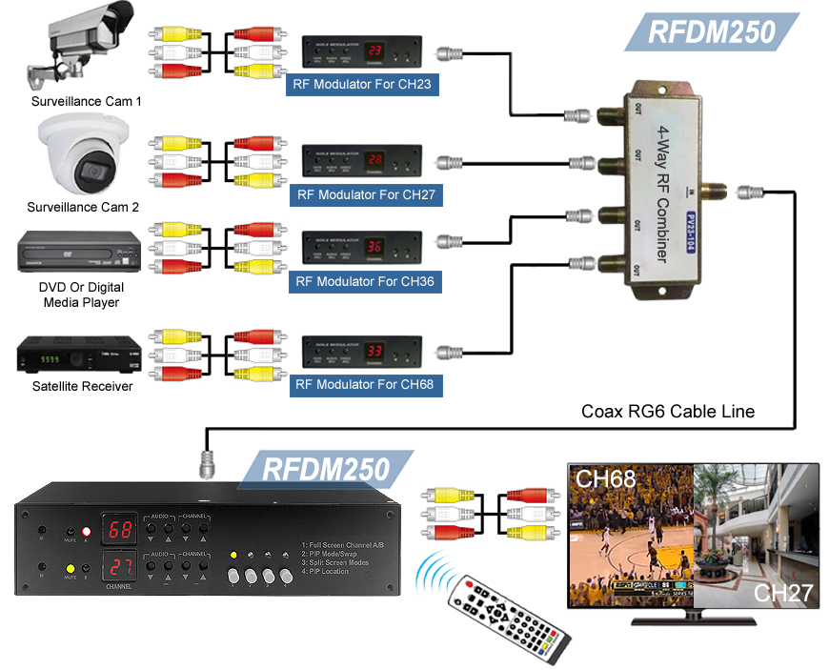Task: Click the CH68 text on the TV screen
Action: [605, 480]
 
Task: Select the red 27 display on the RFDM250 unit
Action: [120, 564]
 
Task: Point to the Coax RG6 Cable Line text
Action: [668, 412]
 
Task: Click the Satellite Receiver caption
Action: [82, 386]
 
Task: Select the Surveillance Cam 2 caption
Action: [83, 207]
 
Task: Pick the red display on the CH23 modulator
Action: [375, 51]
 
